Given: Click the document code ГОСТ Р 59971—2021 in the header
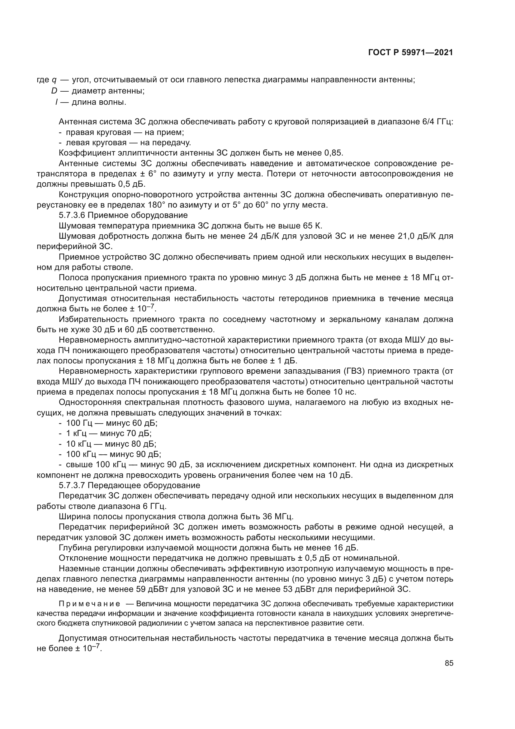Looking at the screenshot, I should tap(410, 53).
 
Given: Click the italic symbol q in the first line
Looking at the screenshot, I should tap(54, 80).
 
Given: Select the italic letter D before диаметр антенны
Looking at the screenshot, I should tap(54, 91).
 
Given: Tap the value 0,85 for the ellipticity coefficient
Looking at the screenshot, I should tap(333, 153).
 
